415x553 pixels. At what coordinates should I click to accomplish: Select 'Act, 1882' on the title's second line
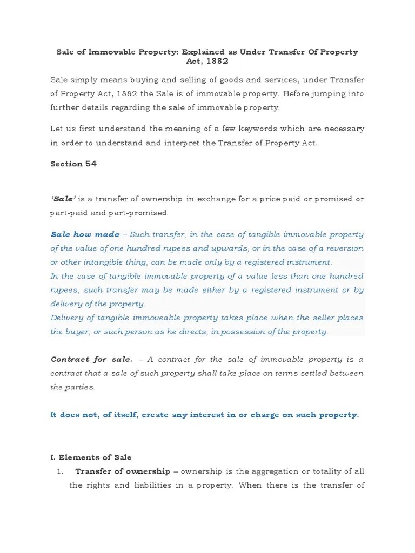pyautogui.click(x=207, y=62)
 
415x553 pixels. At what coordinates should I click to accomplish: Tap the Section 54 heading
pyautogui.click(x=73, y=164)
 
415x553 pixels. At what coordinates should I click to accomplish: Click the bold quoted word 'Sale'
pyautogui.click(x=63, y=199)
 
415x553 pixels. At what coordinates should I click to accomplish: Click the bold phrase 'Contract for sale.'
pyautogui.click(x=91, y=359)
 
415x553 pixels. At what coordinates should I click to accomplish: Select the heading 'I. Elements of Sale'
pyautogui.click(x=91, y=457)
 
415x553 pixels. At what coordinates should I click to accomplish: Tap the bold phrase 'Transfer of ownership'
pyautogui.click(x=123, y=471)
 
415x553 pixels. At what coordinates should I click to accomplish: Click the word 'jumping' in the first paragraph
pyautogui.click(x=327, y=93)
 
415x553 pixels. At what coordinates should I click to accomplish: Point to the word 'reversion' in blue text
pyautogui.click(x=344, y=248)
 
